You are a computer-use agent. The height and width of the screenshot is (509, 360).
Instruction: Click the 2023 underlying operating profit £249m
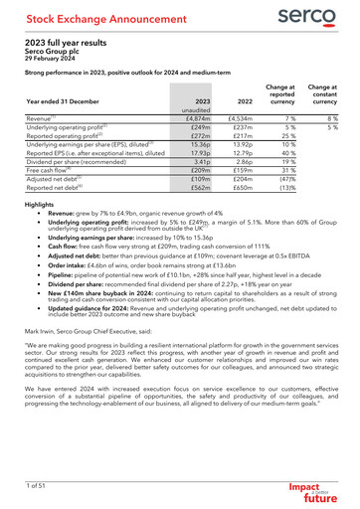click(x=197, y=127)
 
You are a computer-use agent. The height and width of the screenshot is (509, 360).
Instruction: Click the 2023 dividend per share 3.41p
click(x=197, y=164)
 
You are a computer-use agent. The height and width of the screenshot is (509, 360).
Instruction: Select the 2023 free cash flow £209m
click(x=197, y=173)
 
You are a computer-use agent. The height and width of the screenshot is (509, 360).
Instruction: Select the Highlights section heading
click(x=41, y=204)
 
